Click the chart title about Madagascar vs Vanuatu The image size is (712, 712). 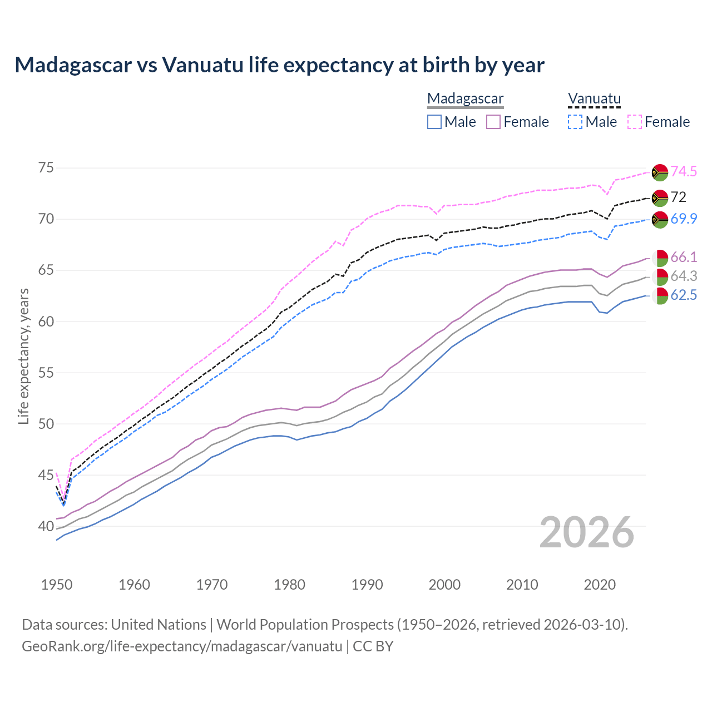click(x=279, y=65)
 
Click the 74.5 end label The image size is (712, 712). click(x=684, y=171)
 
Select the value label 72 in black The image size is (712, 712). click(x=679, y=197)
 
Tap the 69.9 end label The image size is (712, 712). click(x=684, y=219)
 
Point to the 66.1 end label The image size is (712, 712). click(x=684, y=257)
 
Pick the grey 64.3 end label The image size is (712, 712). click(x=684, y=276)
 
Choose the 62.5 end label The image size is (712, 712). click(x=684, y=295)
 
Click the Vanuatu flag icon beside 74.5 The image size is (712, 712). click(x=660, y=172)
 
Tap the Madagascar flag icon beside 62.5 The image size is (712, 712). click(x=660, y=296)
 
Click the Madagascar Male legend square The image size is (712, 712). click(x=434, y=122)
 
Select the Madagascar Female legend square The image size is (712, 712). click(x=493, y=122)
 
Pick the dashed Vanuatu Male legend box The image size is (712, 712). click(x=575, y=122)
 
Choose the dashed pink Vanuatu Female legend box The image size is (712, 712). click(x=635, y=122)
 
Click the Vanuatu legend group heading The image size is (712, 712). click(x=594, y=98)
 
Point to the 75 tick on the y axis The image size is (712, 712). click(x=46, y=168)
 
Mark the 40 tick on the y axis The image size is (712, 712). click(x=46, y=526)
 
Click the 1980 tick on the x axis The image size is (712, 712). click(x=289, y=585)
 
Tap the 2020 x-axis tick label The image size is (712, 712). click(x=600, y=585)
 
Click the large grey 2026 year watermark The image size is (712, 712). click(x=587, y=532)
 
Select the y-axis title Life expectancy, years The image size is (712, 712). click(x=23, y=356)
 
